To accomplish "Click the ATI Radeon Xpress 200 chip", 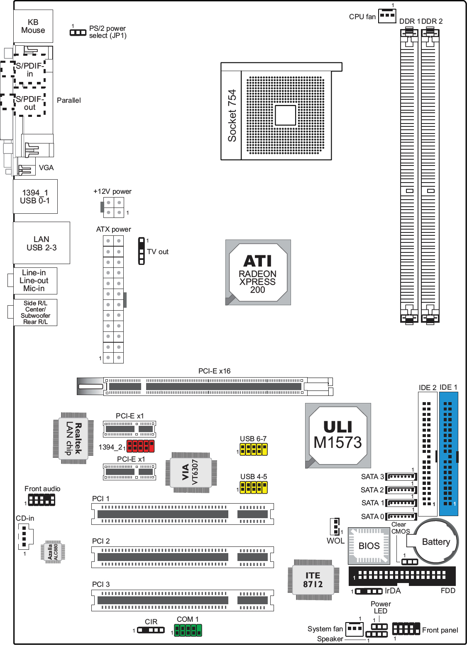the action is click(258, 272).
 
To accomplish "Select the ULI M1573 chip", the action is click(338, 435).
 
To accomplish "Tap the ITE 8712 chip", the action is click(313, 580).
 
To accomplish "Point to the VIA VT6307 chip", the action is click(191, 472).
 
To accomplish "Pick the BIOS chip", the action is click(369, 546).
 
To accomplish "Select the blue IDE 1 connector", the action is click(449, 454).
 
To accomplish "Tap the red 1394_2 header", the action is click(141, 446).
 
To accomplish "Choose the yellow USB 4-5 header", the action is click(254, 487).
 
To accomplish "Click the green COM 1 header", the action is click(188, 630).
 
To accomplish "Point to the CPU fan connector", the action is click(387, 16).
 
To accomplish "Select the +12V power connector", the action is click(113, 208).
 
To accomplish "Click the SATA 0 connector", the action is click(401, 516).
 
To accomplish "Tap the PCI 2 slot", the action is click(183, 557).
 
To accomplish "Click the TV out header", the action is click(142, 251).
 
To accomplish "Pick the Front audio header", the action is click(42, 499).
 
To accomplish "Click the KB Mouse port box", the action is click(33, 26).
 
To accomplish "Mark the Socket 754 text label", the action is click(232, 116).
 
